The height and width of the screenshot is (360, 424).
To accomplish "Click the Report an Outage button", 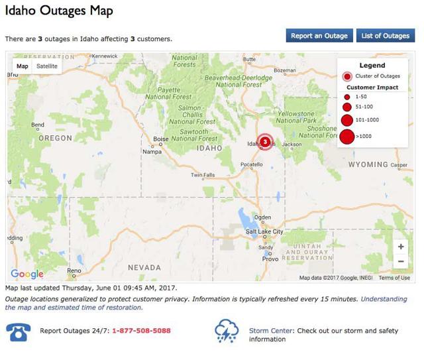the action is [319, 36].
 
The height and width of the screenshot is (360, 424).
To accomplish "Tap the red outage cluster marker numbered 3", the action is [265, 141].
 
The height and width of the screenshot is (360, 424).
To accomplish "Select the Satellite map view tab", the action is [47, 66].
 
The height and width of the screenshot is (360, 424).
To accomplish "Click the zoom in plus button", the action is [401, 247].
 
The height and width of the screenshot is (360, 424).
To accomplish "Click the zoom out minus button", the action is [401, 261].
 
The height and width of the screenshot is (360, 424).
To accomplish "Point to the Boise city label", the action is [161, 139].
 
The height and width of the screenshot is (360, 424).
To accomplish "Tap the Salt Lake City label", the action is [264, 231].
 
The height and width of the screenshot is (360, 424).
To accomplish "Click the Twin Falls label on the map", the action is [203, 176].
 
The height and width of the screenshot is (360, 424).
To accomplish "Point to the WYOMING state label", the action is [368, 164].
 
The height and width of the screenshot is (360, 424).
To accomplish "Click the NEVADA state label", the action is [144, 267].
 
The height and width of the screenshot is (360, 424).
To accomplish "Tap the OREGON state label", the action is [55, 138].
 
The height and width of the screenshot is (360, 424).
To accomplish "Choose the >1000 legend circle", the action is [347, 137].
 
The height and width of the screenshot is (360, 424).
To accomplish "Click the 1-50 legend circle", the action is [347, 97].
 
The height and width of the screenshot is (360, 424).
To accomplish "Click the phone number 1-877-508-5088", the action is [141, 330].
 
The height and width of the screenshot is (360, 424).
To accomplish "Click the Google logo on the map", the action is [27, 274].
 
